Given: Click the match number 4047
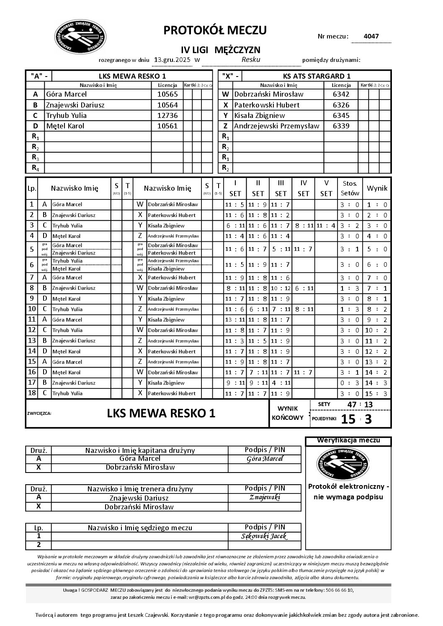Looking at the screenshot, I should tap(371, 36).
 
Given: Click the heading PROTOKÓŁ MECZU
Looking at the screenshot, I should tap(215, 30).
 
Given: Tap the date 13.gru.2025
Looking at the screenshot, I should tap(172, 60).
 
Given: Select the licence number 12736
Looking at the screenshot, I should tap(167, 115).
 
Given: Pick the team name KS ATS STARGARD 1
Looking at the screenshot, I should tap(317, 76).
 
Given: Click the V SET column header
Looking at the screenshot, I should tap(326, 188).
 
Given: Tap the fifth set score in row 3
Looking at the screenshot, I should tap(326, 226).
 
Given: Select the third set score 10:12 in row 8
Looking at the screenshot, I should tap(281, 288).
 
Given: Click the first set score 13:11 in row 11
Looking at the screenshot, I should tap(235, 320).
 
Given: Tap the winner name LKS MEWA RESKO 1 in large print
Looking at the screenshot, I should tap(161, 414).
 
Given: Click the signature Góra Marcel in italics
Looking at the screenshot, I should tap(265, 459).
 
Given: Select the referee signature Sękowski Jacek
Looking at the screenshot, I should tap(265, 537).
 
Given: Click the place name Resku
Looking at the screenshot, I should tap(251, 60).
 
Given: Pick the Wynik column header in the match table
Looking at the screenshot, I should tap(377, 188).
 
